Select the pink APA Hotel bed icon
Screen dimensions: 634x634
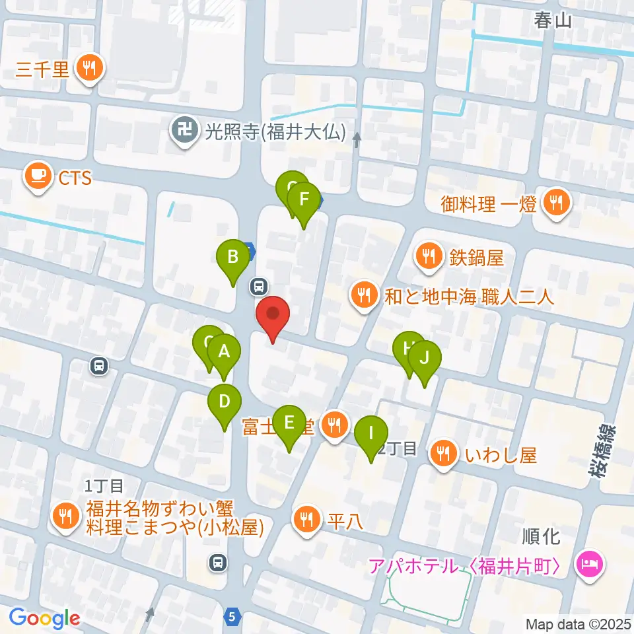[x=587, y=566]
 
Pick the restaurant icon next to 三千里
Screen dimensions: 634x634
[x=87, y=68]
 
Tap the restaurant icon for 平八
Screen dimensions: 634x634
[x=306, y=519]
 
